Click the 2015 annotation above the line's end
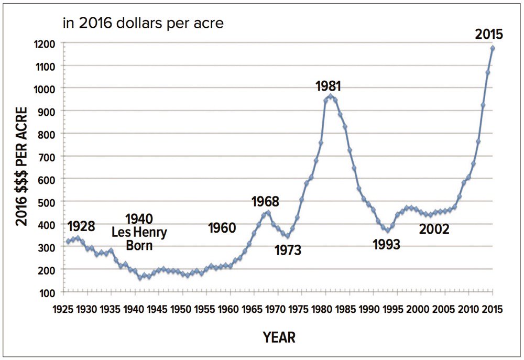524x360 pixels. (x=489, y=35)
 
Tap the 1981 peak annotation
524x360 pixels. (x=331, y=86)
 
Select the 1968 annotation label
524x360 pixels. (x=265, y=201)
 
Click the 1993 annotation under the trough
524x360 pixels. (x=386, y=244)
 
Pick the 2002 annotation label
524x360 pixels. (x=434, y=228)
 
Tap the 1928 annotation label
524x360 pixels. (x=81, y=226)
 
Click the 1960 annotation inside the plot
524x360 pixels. (x=222, y=228)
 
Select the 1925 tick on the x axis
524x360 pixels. (x=63, y=309)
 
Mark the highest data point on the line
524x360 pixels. (x=493, y=48)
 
